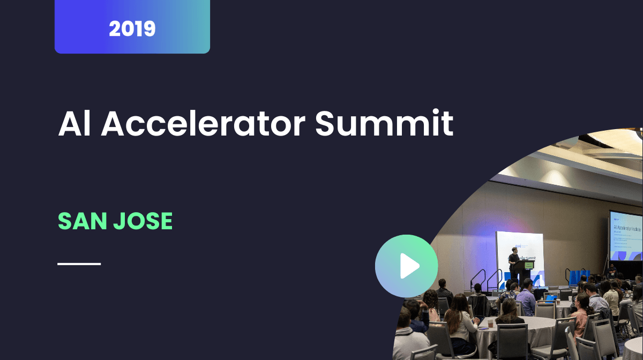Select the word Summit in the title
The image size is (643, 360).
click(x=384, y=124)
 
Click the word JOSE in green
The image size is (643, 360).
click(x=144, y=221)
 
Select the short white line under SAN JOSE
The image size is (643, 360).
click(x=79, y=264)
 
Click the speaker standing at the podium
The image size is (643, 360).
click(x=514, y=261)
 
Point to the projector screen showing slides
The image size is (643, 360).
click(x=625, y=236)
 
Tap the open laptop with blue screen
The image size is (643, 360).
click(x=551, y=298)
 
